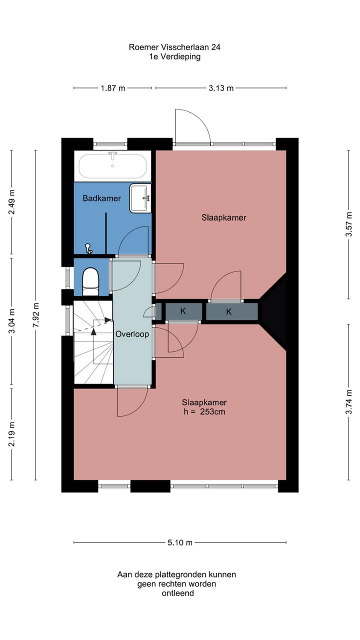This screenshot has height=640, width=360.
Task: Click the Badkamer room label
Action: click(x=101, y=198)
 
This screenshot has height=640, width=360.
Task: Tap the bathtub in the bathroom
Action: click(x=112, y=165)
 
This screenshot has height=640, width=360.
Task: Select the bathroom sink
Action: click(x=140, y=198)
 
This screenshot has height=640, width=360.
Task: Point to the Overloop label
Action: click(x=132, y=334)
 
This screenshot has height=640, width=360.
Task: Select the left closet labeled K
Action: click(x=183, y=311)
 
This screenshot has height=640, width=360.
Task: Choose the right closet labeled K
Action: click(x=229, y=311)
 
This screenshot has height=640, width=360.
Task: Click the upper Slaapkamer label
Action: click(x=224, y=217)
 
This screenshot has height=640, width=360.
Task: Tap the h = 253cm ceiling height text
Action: click(x=204, y=412)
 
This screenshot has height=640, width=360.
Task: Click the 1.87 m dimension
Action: click(x=113, y=88)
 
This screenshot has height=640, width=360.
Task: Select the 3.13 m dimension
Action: click(x=221, y=88)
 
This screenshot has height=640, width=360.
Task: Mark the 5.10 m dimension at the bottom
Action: click(x=180, y=542)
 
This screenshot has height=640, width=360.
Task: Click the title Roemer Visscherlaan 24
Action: click(x=174, y=47)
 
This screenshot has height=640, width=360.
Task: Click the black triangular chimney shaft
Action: click(x=275, y=310)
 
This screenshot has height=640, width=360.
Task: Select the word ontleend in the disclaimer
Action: click(x=177, y=593)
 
